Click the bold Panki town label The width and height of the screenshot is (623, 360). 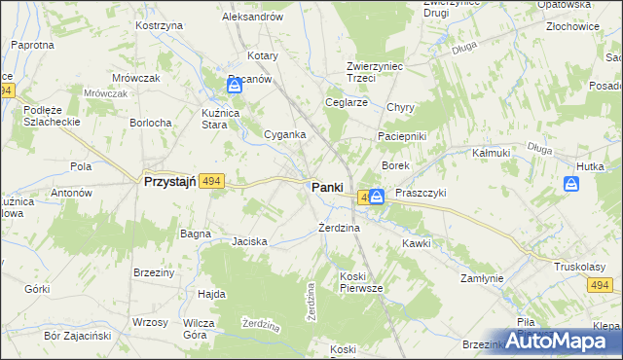[326, 188]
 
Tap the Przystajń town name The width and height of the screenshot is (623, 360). [170, 181]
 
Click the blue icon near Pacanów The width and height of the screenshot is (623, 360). [235, 87]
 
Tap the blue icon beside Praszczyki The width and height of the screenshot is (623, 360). [377, 197]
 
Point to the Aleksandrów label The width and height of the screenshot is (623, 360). [252, 18]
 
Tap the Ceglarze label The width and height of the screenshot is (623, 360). [347, 102]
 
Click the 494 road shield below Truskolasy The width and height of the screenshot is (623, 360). [601, 285]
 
